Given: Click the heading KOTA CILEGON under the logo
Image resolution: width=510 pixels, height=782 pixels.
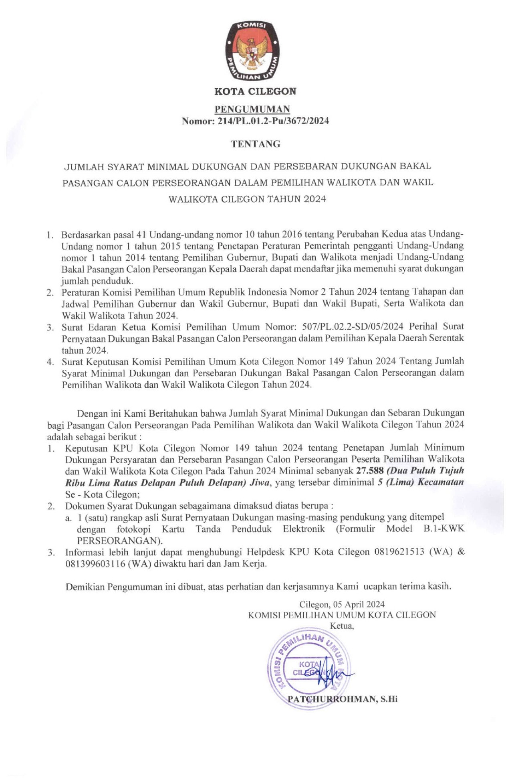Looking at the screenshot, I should click(255, 91).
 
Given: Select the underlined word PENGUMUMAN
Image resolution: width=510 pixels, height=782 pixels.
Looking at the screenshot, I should click(252, 109).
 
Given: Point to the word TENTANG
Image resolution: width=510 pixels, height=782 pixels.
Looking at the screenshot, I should click(255, 144).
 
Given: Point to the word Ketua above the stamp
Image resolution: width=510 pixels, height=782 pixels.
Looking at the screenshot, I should click(341, 626).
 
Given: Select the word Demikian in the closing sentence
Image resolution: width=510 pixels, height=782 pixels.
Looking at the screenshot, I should click(85, 587).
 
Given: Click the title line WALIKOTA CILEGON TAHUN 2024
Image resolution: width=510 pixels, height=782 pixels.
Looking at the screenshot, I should click(247, 199).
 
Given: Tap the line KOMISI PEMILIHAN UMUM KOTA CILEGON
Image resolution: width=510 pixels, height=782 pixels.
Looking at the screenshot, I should click(342, 615).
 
